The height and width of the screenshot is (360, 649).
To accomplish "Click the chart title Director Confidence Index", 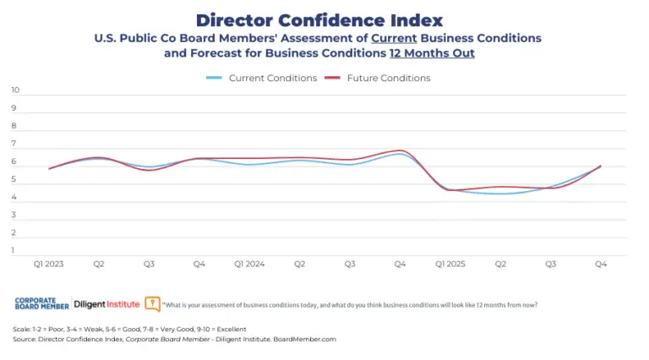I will [x=319, y=19].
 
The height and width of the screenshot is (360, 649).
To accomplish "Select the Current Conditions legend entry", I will [x=262, y=78].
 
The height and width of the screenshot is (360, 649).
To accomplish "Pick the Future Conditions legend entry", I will [x=377, y=78].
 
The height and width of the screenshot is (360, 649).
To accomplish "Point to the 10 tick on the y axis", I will [x=15, y=90].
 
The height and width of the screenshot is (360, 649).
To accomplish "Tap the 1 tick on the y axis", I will [x=15, y=250].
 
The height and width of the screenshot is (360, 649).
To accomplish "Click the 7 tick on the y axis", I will [x=15, y=144].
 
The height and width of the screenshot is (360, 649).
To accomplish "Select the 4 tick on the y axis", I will [x=15, y=197].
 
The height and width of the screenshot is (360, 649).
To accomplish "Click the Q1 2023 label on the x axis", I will [x=49, y=265].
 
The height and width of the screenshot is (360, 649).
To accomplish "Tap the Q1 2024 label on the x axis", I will [x=249, y=265].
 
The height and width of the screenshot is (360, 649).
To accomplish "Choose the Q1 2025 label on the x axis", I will [x=450, y=265].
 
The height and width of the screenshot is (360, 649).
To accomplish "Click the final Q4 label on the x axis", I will [x=601, y=265].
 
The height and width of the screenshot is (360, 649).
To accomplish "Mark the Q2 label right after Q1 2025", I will [x=500, y=265].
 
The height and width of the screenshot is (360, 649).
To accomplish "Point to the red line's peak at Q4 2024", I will [x=401, y=150].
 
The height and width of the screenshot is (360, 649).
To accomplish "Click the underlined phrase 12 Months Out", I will [x=431, y=53].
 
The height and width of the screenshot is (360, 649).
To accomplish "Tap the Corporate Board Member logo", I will [x=41, y=303].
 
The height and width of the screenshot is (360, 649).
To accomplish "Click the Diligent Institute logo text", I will [x=107, y=303].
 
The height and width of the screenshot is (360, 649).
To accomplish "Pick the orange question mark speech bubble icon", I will [x=152, y=303].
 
